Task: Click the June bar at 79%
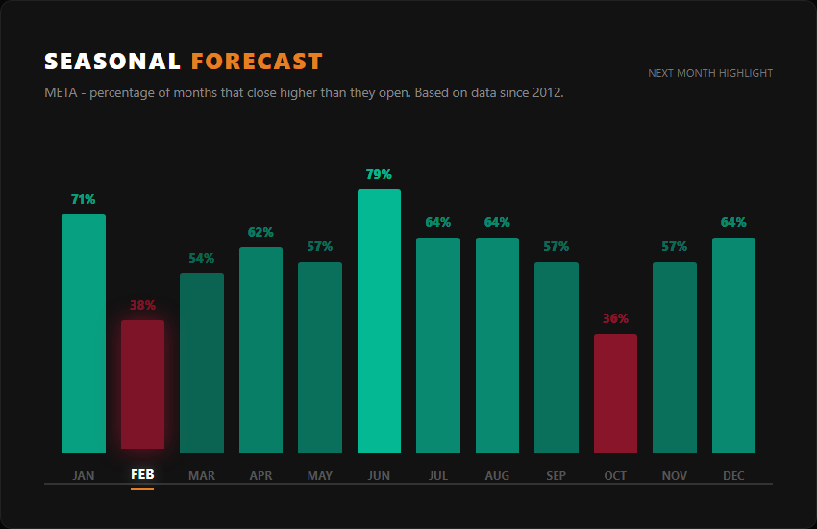coord(379,321)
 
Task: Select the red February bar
coord(142,385)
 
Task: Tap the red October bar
coord(615,393)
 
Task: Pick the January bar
coord(84,334)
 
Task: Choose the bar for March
coord(202,363)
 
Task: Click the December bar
coord(733,345)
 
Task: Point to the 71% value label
coord(84,200)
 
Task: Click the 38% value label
coord(142,306)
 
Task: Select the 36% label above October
coord(615,319)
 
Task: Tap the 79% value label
coord(379,175)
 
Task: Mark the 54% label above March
coord(202,259)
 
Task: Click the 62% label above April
coord(260,233)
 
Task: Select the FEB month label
coord(142,476)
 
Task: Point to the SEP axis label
coord(557,476)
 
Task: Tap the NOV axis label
coord(675,476)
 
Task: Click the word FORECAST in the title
coord(257,62)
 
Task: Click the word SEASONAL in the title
coord(112,62)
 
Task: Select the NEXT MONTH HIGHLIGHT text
coord(710,73)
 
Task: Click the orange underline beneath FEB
coord(142,489)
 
